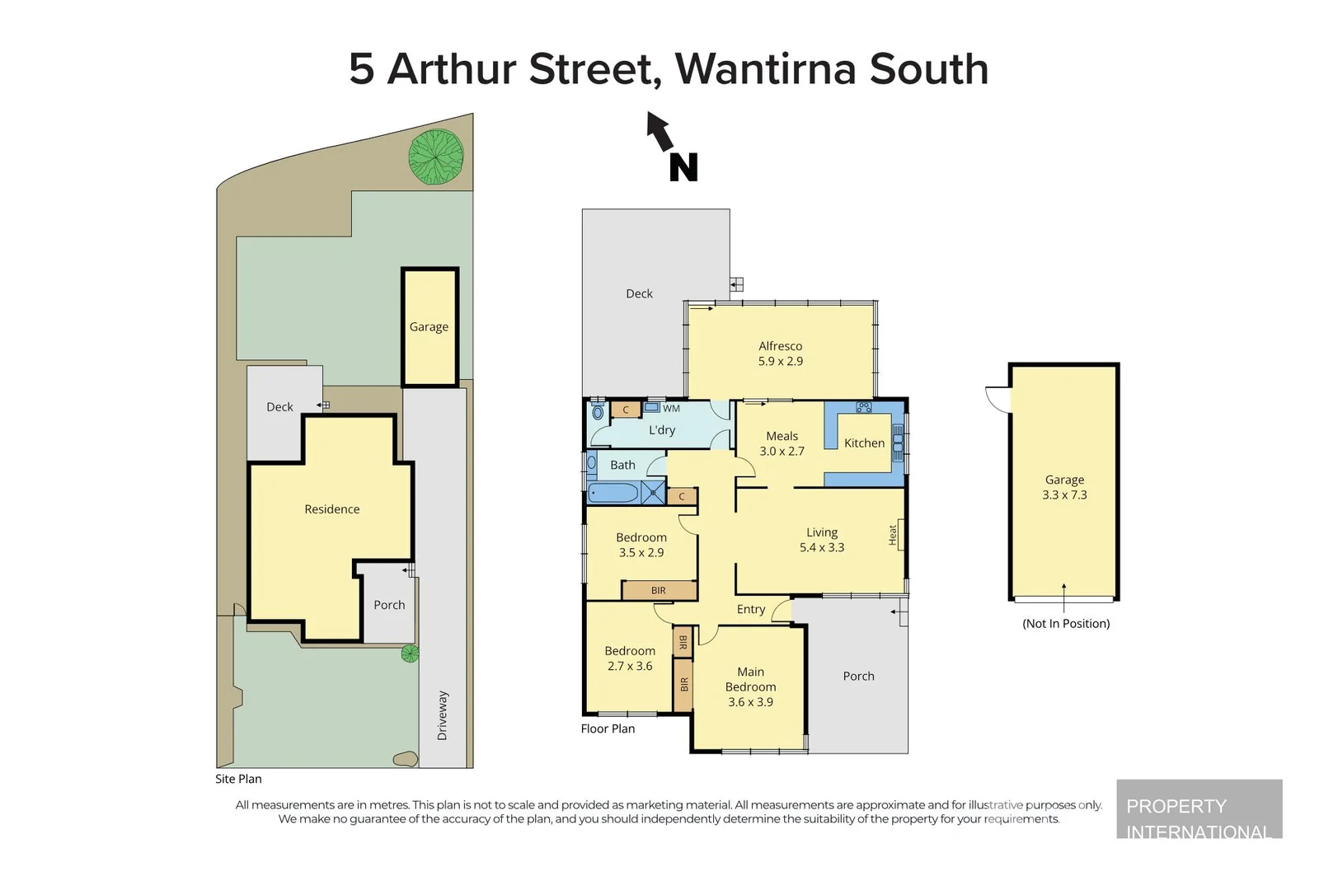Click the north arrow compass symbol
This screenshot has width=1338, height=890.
click(672, 148)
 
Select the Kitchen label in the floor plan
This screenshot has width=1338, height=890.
click(864, 443)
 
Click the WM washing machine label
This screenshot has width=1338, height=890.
click(671, 408)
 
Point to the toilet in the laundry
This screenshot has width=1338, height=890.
click(598, 411)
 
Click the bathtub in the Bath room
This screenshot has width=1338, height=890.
click(613, 494)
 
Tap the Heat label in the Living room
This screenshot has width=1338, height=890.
click(893, 535)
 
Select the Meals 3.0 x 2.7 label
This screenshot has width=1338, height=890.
click(782, 443)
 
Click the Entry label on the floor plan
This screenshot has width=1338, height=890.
click(750, 609)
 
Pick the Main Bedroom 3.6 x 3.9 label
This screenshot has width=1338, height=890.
click(750, 686)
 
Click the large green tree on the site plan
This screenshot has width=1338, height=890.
click(436, 157)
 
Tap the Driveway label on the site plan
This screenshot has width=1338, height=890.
click(443, 714)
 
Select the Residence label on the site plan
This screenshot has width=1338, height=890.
click(331, 509)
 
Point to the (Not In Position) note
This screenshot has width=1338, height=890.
click(1065, 623)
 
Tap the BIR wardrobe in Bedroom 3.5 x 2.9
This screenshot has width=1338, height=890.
click(659, 590)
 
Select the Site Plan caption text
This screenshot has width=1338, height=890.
click(238, 779)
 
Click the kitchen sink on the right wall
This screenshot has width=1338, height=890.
click(898, 445)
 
